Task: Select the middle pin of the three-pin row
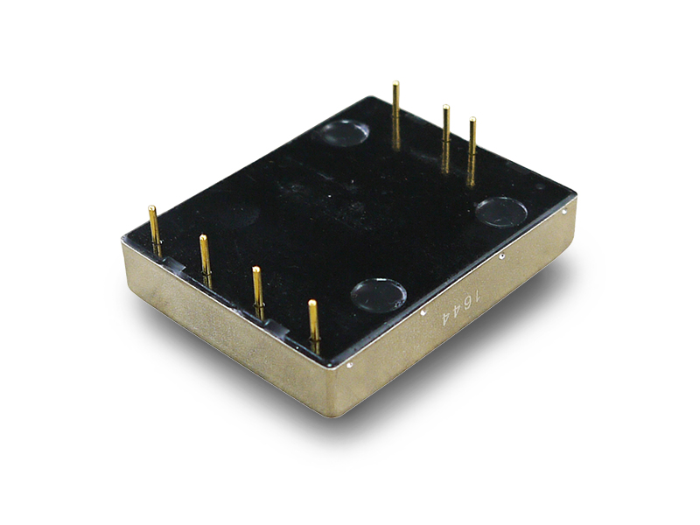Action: [445, 138]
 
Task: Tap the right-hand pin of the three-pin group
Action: [472, 150]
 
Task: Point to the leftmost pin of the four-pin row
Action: [155, 230]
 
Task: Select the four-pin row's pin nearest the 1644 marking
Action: [314, 325]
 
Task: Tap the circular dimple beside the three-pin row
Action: [344, 133]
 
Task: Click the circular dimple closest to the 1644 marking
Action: [379, 295]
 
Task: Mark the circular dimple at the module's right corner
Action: [500, 211]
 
